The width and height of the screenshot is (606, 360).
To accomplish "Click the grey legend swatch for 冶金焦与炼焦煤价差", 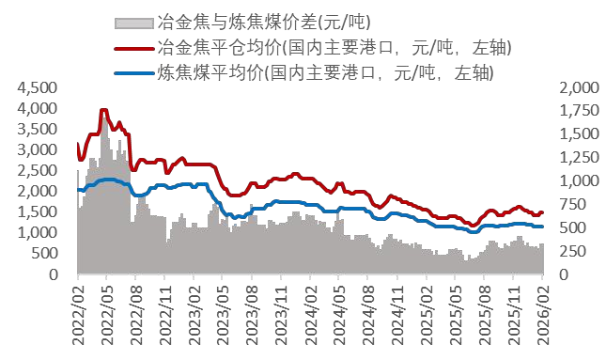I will click(x=134, y=22).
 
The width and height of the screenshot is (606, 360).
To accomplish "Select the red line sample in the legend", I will click(x=134, y=47).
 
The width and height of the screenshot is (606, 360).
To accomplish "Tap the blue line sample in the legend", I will click(x=134, y=71).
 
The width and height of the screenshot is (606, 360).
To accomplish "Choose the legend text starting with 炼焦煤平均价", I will click(x=325, y=71).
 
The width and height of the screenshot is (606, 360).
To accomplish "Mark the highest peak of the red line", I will click(x=103, y=110).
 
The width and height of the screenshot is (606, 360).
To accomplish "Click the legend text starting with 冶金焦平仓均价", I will click(x=335, y=47).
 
